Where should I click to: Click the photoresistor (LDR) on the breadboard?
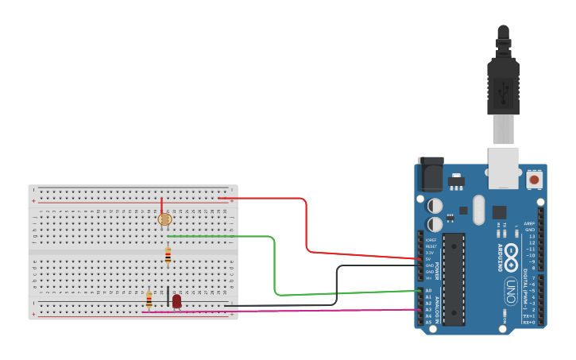[x=165, y=219]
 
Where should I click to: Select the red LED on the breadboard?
[x=176, y=301]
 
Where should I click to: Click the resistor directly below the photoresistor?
[x=168, y=255]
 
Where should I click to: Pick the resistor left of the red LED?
[x=149, y=299]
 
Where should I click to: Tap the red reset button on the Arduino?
[x=535, y=180]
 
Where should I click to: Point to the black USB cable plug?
[x=503, y=79]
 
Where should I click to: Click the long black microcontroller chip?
[x=453, y=279]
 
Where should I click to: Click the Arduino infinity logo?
[x=512, y=256]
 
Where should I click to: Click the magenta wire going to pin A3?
[x=318, y=311]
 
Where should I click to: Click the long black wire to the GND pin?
[x=337, y=286]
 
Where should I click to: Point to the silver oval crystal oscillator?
[x=477, y=210]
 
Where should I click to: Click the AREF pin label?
[x=529, y=224]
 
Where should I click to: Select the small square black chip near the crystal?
[x=499, y=212]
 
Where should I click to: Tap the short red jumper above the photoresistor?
[x=162, y=206]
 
